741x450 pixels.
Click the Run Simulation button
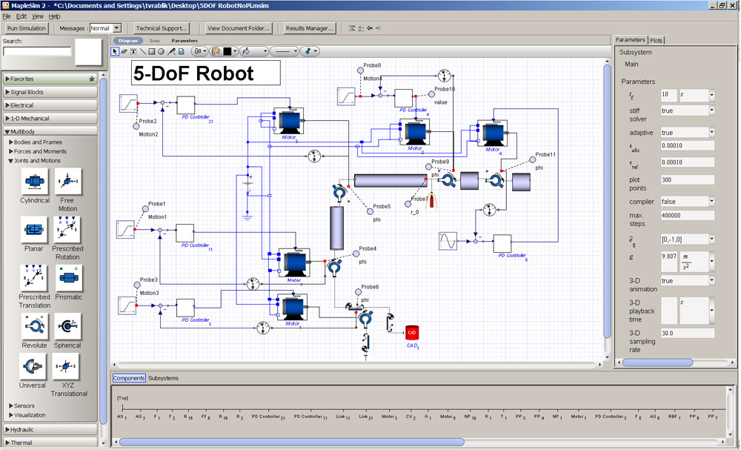point(27,28)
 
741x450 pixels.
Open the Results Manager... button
point(310,28)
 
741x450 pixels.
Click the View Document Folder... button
point(239,28)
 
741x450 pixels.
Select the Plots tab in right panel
point(657,40)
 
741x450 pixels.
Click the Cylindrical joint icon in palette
point(35,182)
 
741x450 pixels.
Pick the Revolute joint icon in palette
point(35,327)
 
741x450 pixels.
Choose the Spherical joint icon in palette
point(68,327)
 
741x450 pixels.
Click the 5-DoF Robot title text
point(193,73)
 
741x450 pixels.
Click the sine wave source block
point(448,242)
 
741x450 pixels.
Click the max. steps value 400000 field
point(687,215)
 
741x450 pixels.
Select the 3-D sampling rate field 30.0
point(687,333)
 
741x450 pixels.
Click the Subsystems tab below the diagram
point(163,378)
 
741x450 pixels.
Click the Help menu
point(55,16)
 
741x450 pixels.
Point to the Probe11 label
point(545,154)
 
